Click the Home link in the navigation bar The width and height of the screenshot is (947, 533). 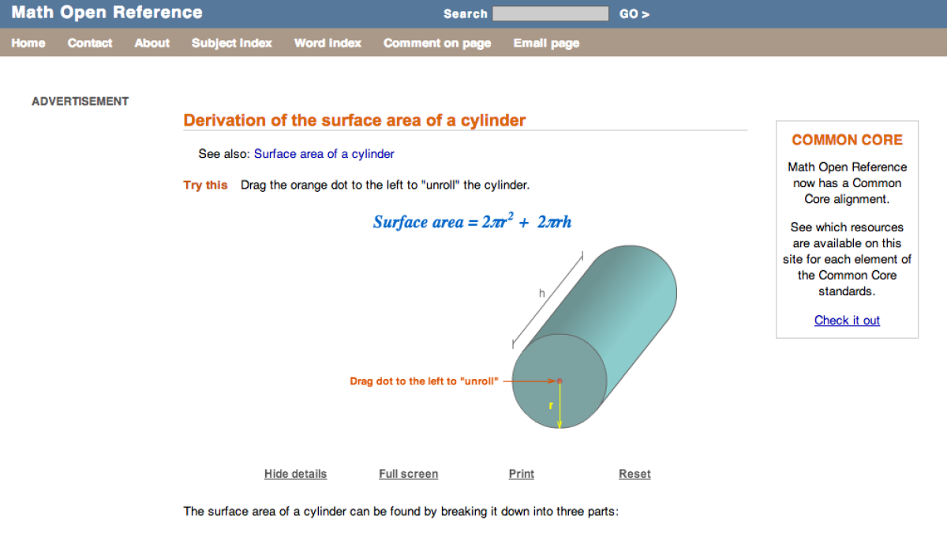[28, 43]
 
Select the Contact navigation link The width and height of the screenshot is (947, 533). [90, 43]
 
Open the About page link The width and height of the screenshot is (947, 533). [152, 43]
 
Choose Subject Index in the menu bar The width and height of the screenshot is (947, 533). [231, 43]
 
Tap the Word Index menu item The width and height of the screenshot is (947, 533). [328, 43]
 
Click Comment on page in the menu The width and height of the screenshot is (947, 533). [437, 43]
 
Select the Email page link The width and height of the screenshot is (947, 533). [546, 43]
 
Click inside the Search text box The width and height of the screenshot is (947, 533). [550, 14]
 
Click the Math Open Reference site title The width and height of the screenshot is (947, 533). [107, 13]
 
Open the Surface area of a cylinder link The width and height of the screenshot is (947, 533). [324, 154]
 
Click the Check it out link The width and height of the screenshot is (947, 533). [847, 320]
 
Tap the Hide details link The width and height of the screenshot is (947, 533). [295, 474]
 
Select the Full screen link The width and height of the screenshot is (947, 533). [408, 474]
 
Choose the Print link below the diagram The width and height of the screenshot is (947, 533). [521, 474]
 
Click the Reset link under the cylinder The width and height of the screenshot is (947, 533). [634, 474]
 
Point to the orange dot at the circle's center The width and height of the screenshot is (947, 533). [560, 381]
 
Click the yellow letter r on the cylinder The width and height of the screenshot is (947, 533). [552, 406]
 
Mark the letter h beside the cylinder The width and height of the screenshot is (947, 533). [542, 294]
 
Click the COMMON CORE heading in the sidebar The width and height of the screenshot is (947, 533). [847, 140]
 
